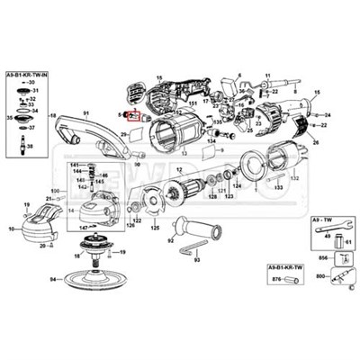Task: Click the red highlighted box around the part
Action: click(x=136, y=115)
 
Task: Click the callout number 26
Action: click(x=314, y=142)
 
